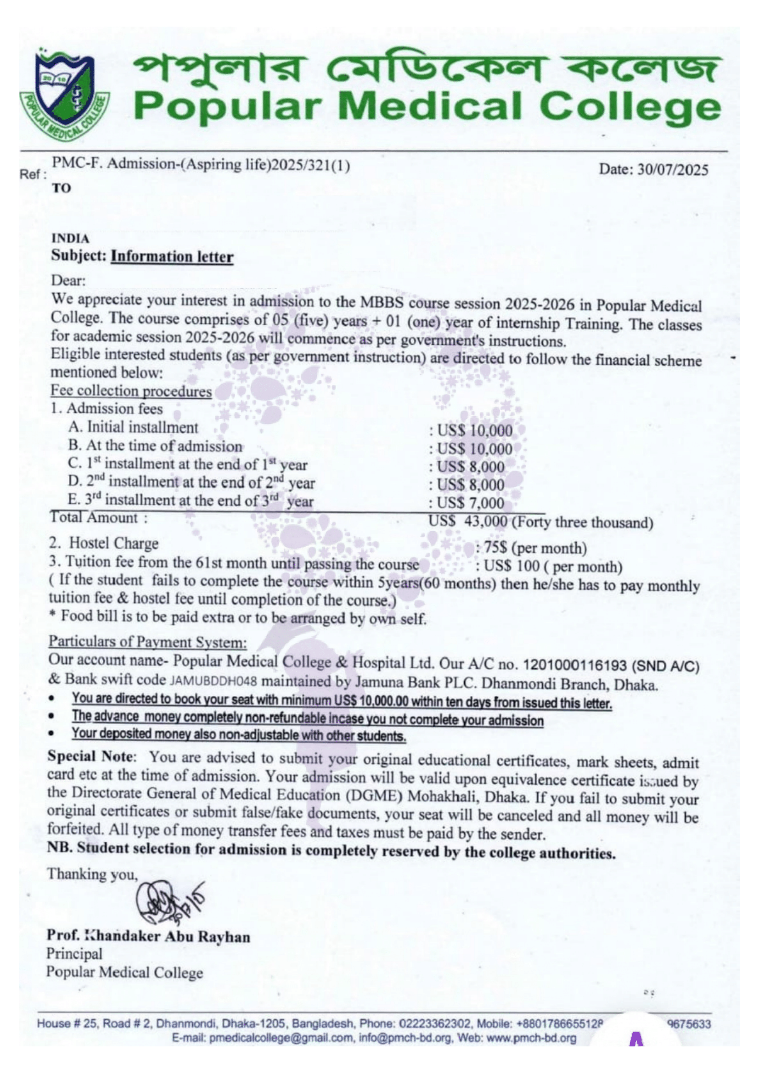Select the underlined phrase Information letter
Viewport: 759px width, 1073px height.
(x=172, y=256)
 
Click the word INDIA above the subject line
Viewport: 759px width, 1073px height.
(x=70, y=239)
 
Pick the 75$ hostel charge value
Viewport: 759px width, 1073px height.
(x=496, y=548)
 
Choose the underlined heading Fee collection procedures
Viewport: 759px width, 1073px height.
(x=131, y=391)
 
